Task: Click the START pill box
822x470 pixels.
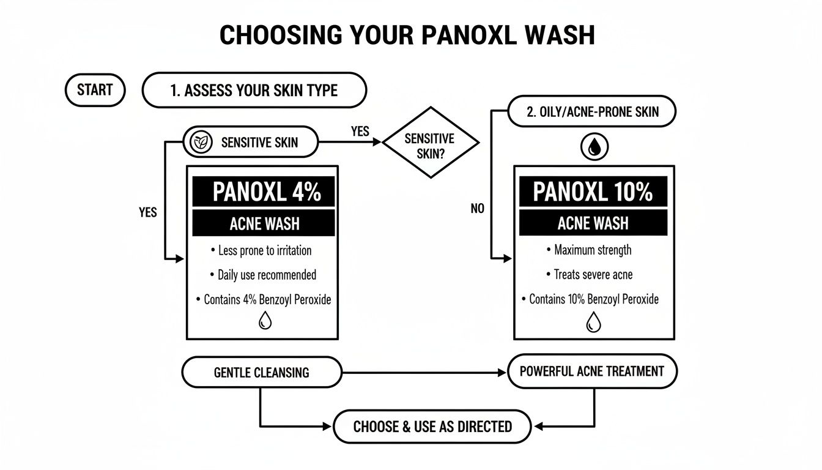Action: coord(95,91)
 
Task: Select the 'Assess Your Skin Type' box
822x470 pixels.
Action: coord(254,91)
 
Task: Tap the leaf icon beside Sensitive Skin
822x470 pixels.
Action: coord(199,143)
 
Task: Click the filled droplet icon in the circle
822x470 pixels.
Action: coord(594,148)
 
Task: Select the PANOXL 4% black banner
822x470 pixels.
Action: coord(264,192)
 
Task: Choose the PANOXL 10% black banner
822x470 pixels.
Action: coord(593,192)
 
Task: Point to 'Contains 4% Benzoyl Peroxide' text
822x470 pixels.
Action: coord(264,299)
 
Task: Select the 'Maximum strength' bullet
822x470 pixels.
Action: coord(590,250)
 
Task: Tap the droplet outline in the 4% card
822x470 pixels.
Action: coord(265,321)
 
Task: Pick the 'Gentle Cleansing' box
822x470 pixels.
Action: coord(262,372)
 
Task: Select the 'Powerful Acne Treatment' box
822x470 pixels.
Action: coord(591,371)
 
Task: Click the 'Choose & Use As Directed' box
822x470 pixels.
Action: coord(432,427)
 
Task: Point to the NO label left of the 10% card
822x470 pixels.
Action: coord(478,209)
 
